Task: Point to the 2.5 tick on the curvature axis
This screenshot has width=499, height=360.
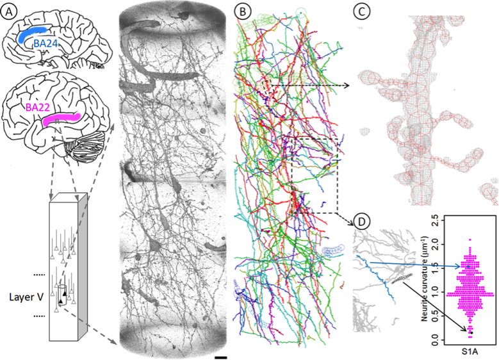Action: click(x=443, y=219)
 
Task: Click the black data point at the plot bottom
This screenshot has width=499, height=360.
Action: click(x=470, y=332)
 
